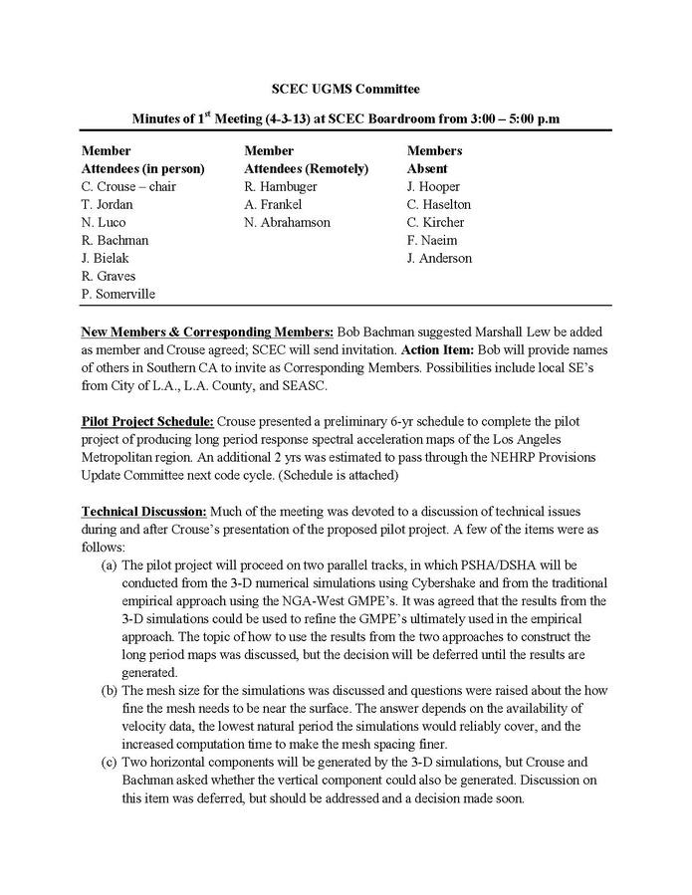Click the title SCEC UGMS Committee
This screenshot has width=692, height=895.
pyautogui.click(x=346, y=90)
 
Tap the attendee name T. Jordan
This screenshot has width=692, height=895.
pyautogui.click(x=107, y=204)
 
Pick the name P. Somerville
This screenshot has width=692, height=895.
pyautogui.click(x=118, y=294)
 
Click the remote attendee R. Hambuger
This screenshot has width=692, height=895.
pyautogui.click(x=283, y=186)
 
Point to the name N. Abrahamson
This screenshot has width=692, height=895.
pyautogui.click(x=287, y=222)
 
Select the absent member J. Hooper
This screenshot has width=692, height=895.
pyautogui.click(x=433, y=186)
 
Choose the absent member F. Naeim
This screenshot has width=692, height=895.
pyautogui.click(x=430, y=240)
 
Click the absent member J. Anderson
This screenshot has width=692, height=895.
pyautogui.click(x=439, y=258)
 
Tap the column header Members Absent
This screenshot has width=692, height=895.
pyautogui.click(x=434, y=159)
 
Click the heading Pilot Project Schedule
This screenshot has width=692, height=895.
pyautogui.click(x=147, y=421)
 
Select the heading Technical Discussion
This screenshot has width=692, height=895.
pyautogui.click(x=144, y=511)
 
